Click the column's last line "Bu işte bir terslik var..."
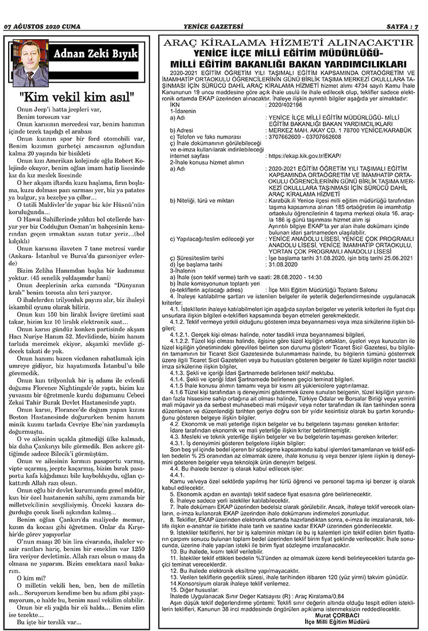(x=49, y=621)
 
